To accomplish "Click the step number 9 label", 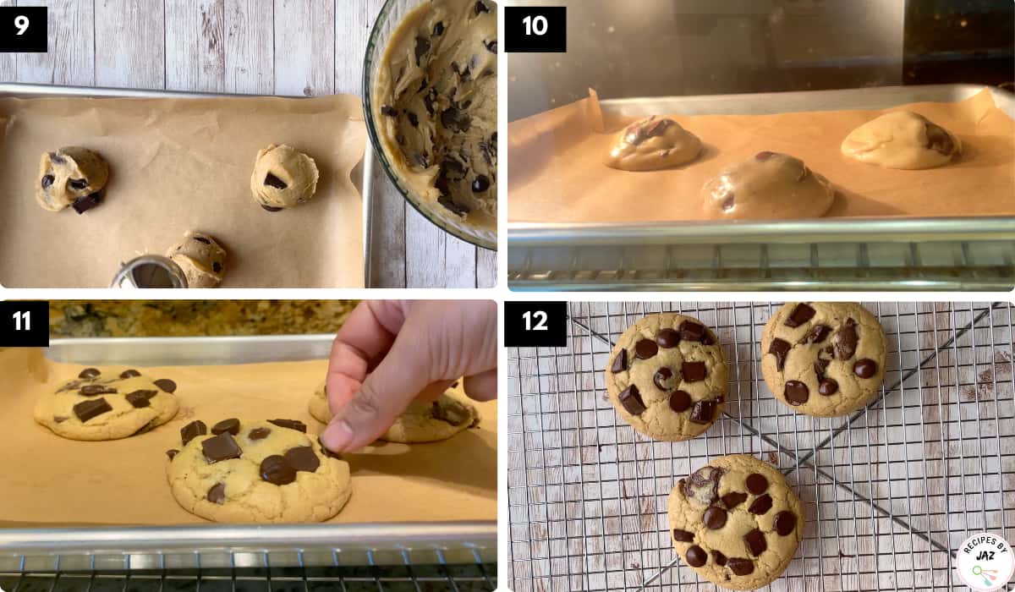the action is point(24,29).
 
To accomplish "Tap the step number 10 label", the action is point(535,29).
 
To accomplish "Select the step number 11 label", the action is point(24,323).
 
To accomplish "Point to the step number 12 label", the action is point(535,323).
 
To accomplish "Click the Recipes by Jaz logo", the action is point(985,562).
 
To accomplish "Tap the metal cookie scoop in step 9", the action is point(150,271).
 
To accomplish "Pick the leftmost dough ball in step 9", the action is point(72,179).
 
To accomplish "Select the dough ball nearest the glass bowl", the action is point(284,177).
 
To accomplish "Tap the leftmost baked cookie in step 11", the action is point(107,403).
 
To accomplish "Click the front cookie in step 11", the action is point(259,471).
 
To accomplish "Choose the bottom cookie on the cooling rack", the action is point(735,523).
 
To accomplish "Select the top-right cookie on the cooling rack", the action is point(823,359).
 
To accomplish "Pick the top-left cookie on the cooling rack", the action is point(667,376).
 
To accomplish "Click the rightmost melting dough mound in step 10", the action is point(900,140).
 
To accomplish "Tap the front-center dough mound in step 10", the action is point(768,186).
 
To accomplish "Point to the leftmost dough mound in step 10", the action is point(654,144).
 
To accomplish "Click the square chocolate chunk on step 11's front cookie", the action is point(221,447).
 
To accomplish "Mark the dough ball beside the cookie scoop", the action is point(200,259).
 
